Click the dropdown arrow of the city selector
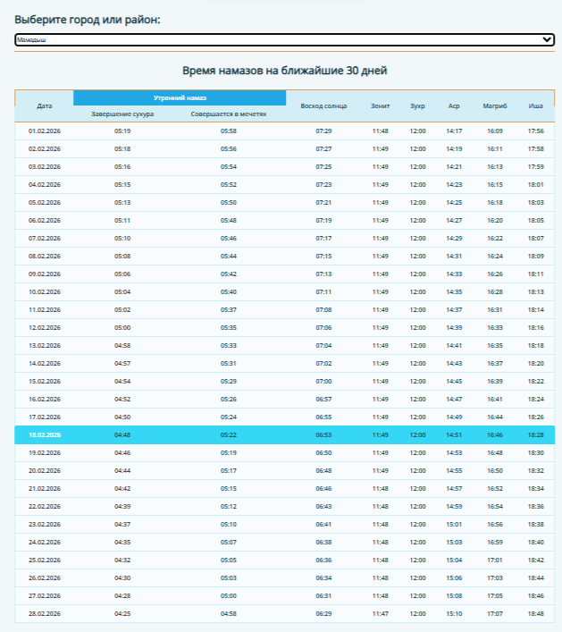[547, 39]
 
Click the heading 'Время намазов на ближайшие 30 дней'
[284, 71]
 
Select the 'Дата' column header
[45, 105]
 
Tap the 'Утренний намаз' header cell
[180, 97]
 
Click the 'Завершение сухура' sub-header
[122, 114]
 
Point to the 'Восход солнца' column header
[323, 105]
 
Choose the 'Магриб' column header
[495, 105]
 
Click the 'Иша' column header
[535, 105]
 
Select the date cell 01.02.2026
[45, 131]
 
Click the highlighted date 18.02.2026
[45, 435]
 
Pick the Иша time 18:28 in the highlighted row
[535, 435]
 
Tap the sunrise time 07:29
[323, 131]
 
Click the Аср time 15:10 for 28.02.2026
[454, 614]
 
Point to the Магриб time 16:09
[495, 131]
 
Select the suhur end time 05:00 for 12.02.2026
[122, 328]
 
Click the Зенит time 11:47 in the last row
[381, 614]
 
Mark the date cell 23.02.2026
[45, 525]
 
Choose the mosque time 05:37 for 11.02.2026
[229, 310]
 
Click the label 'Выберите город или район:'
[88, 20]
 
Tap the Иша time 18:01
[535, 185]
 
